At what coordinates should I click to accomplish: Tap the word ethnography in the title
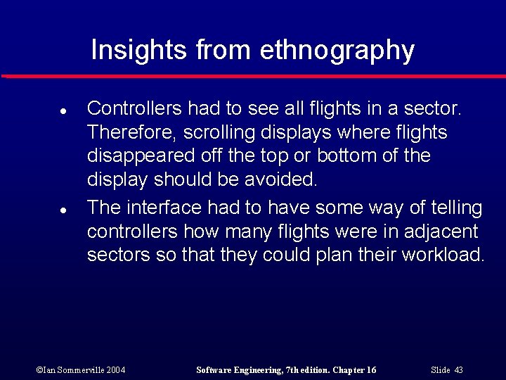pyautogui.click(x=337, y=51)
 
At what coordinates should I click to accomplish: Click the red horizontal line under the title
pyautogui.click(x=253, y=75)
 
